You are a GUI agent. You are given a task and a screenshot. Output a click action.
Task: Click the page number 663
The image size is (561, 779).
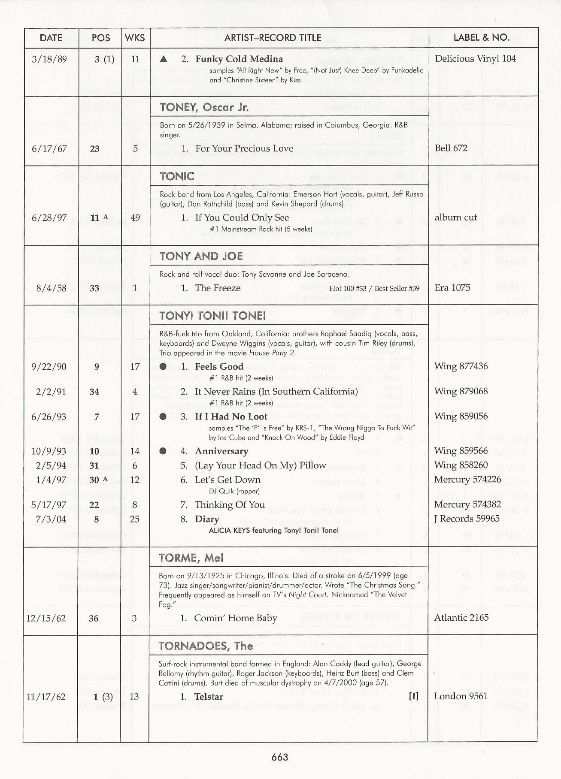coord(279,757)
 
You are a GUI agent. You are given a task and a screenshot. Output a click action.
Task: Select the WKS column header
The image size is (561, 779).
coord(135,38)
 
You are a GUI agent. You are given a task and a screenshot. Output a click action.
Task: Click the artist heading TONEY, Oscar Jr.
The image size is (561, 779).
coord(204,107)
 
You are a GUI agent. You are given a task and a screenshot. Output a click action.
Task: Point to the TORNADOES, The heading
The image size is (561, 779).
coord(206,646)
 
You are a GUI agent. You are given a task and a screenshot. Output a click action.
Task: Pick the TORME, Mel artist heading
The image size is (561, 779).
coord(191,558)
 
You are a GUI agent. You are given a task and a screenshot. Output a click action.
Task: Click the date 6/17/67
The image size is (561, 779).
coord(49,149)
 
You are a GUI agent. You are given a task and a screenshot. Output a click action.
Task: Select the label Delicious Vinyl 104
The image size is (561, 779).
coord(475,59)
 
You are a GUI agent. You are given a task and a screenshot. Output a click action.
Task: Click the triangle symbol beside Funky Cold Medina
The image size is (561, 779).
coord(164,59)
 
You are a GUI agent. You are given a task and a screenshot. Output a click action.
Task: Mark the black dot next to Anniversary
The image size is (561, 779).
coord(163,451)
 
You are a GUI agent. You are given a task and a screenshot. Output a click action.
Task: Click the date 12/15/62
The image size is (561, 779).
coord(46,619)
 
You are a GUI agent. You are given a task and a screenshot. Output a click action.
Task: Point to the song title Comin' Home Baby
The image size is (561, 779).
coord(236,618)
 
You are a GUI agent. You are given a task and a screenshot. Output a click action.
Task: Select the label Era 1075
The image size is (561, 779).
coord(452,288)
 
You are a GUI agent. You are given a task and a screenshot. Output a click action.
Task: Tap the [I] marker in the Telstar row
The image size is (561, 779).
coord(413,696)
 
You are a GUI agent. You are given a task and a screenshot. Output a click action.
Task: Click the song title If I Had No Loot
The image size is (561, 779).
coord(231,417)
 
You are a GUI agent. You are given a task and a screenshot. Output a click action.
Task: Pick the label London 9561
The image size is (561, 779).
coord(461,696)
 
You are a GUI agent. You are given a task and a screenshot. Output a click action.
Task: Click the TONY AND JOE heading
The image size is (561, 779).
coord(201,256)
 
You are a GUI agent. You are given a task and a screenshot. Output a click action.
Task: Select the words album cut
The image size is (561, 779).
coord(455,217)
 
